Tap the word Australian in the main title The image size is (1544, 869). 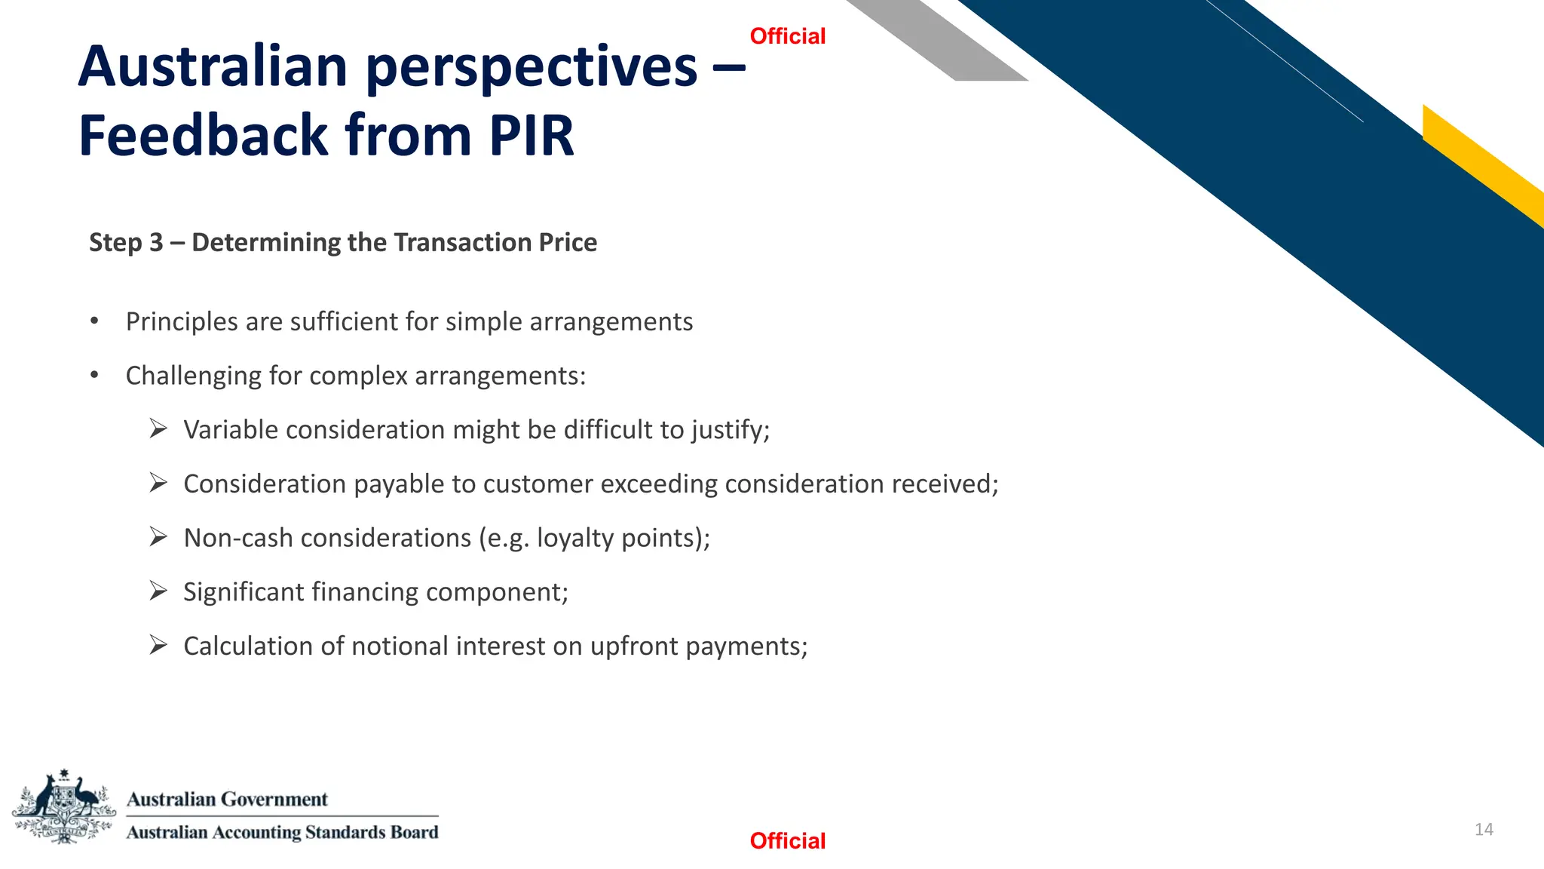(x=212, y=66)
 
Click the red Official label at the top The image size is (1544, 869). (x=787, y=36)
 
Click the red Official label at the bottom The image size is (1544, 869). (x=787, y=840)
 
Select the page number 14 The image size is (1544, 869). (x=1483, y=830)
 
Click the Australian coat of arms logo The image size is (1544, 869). (x=64, y=806)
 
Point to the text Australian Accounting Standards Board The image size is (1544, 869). (x=282, y=832)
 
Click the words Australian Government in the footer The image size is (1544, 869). (x=227, y=799)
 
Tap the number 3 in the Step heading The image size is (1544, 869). (x=156, y=243)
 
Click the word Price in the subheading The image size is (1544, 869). (x=567, y=243)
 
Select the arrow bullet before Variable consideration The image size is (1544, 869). (x=158, y=428)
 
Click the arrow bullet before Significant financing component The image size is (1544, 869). (x=158, y=591)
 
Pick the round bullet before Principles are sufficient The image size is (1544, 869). (x=94, y=321)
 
